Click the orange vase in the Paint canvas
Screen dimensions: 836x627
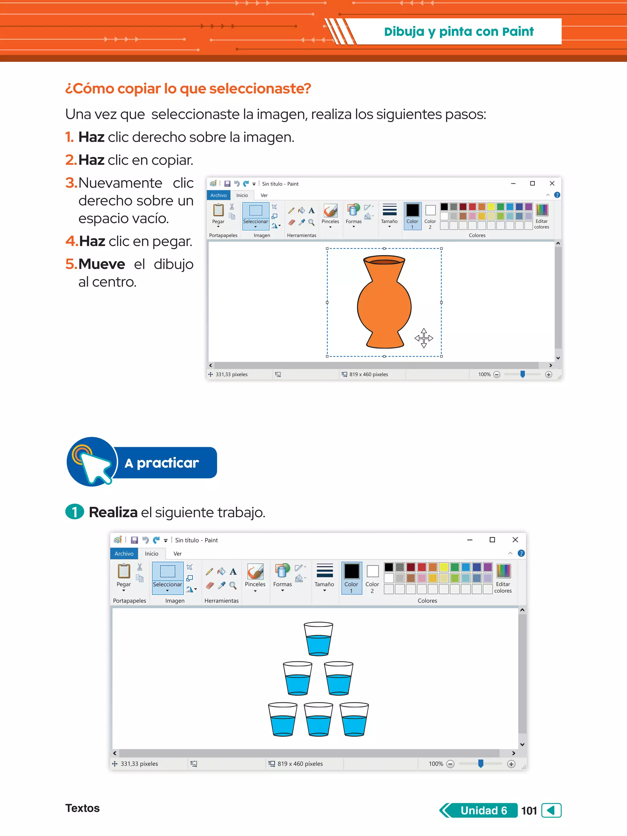pos(384,302)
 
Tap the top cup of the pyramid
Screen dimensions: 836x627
pos(318,639)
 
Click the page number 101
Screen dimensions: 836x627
pos(529,810)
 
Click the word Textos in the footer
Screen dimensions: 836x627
pos(82,808)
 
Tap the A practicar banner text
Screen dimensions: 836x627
pos(161,463)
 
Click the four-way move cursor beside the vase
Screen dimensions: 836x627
pos(424,338)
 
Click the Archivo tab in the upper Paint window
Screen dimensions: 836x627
pos(219,195)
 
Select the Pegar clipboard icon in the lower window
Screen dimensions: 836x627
pos(124,572)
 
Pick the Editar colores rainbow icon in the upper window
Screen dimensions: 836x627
pos(542,210)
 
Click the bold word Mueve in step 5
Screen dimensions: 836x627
pos(101,264)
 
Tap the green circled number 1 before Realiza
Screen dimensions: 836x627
pos(75,512)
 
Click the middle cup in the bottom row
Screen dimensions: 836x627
pos(318,720)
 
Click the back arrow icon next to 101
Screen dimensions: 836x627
pos(551,810)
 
